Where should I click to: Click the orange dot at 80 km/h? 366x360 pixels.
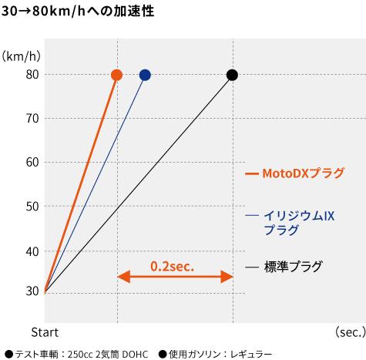[x=117, y=75]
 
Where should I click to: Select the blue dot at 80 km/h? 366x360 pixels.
[x=145, y=75]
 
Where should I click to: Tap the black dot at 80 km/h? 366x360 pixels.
[x=232, y=75]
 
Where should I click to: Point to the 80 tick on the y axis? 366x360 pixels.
[x=32, y=75]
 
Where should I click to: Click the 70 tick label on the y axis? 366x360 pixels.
[x=32, y=119]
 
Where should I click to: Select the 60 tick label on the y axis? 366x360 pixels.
[x=32, y=163]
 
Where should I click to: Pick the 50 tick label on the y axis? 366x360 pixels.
[x=32, y=207]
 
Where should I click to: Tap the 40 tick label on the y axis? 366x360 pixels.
[x=32, y=251]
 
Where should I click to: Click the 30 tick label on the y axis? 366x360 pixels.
[x=32, y=291]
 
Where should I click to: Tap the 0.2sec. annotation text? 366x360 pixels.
[x=172, y=265]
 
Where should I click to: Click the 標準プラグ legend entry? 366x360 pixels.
[x=293, y=267]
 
